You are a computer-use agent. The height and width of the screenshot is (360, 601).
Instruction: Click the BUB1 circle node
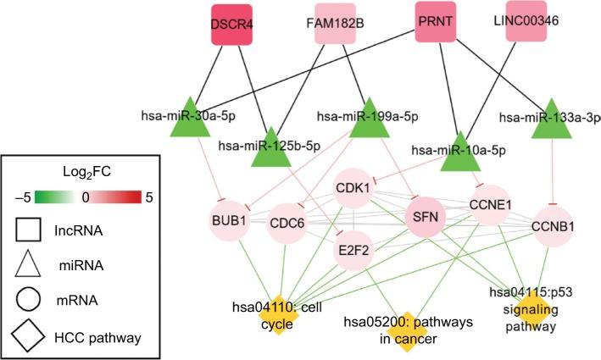pos(229,221)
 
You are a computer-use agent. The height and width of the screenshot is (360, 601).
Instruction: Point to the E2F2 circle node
pos(355,252)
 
